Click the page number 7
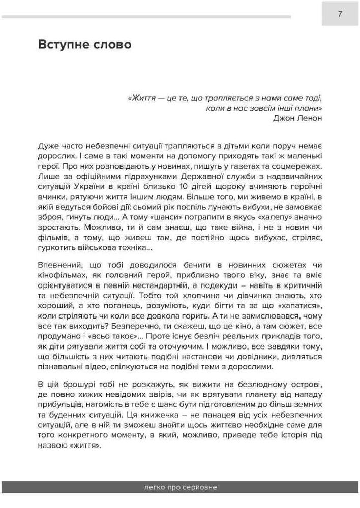click(340, 14)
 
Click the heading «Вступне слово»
click(84, 45)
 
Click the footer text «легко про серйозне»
click(180, 487)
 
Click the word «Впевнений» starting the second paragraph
click(59, 264)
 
